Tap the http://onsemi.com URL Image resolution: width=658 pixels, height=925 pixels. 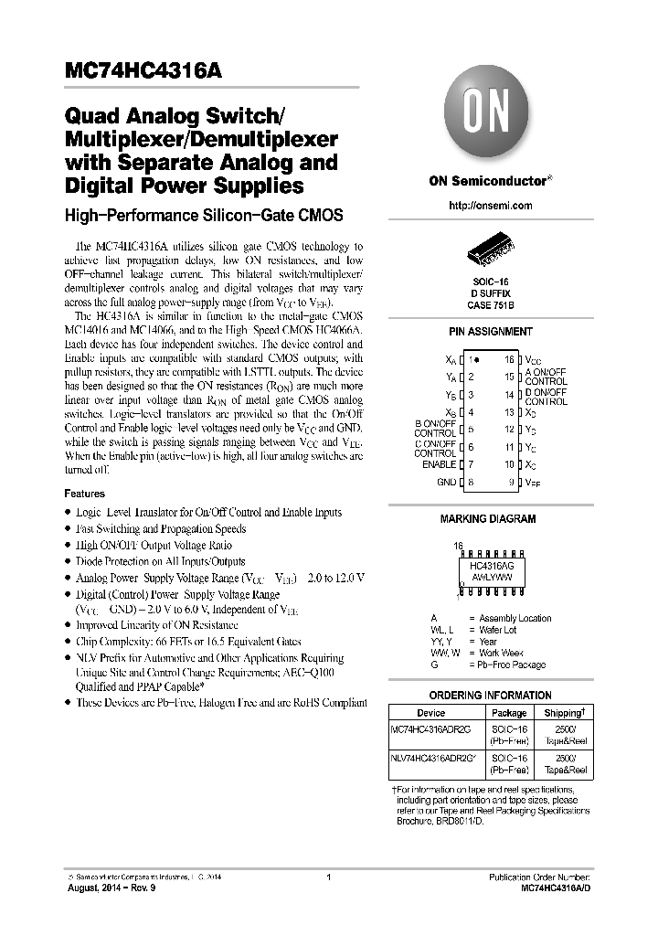pyautogui.click(x=490, y=206)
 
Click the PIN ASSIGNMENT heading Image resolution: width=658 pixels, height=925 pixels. pyautogui.click(x=490, y=332)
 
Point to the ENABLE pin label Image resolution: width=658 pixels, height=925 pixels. pyautogui.click(x=439, y=464)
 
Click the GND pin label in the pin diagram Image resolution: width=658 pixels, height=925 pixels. pyautogui.click(x=446, y=482)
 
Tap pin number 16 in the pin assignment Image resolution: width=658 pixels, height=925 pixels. pyautogui.click(x=509, y=360)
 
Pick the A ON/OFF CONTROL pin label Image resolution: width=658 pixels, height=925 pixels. pyautogui.click(x=546, y=377)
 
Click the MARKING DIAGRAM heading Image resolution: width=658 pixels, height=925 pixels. pyautogui.click(x=488, y=519)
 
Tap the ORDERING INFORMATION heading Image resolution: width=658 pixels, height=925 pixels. pyautogui.click(x=490, y=696)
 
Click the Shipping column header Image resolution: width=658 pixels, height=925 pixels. pyautogui.click(x=564, y=712)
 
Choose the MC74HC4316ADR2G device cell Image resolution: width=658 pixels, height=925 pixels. pyautogui.click(x=430, y=728)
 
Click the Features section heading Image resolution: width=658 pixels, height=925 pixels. pyautogui.click(x=84, y=494)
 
